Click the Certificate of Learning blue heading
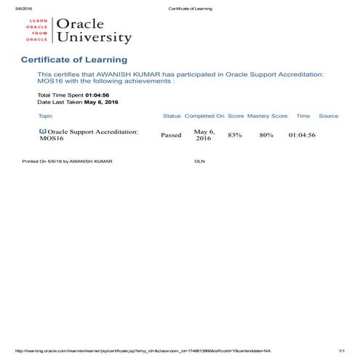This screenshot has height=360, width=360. point(74,60)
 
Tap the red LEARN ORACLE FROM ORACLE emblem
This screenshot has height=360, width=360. point(37,31)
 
